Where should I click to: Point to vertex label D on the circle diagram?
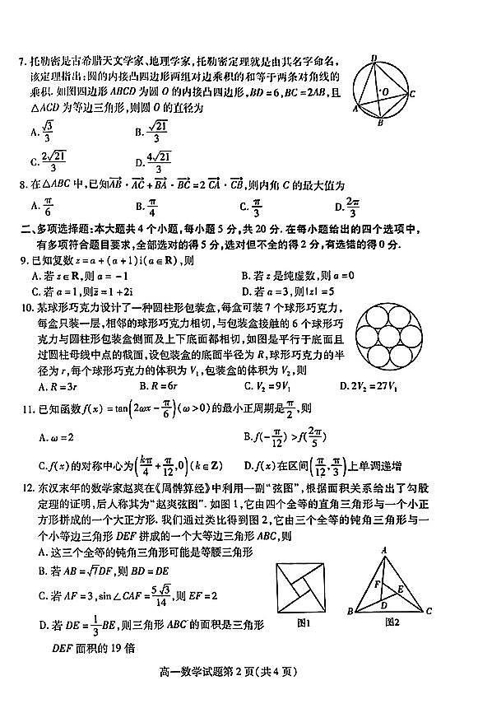coord(374,57)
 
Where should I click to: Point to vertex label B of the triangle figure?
coord(351,612)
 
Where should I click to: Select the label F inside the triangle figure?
coord(375,585)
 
